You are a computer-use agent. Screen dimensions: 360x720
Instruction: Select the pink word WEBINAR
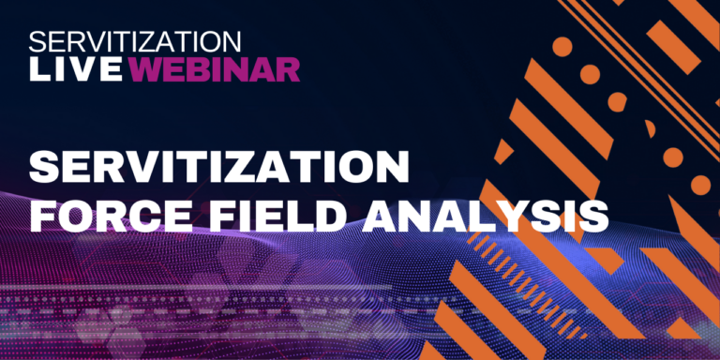tap(215, 67)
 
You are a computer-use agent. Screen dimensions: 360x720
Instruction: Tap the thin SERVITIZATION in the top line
tap(135, 41)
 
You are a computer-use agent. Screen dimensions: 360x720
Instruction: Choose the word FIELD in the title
tap(280, 217)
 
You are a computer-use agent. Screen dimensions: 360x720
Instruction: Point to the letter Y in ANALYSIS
tap(511, 217)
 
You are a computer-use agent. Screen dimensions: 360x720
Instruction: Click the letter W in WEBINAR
tap(146, 67)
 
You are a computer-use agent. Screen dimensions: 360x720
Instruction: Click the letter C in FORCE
tap(144, 217)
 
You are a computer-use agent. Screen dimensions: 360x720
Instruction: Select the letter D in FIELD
tap(333, 217)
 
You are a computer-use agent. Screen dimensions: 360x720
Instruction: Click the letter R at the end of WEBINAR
tap(288, 67)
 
